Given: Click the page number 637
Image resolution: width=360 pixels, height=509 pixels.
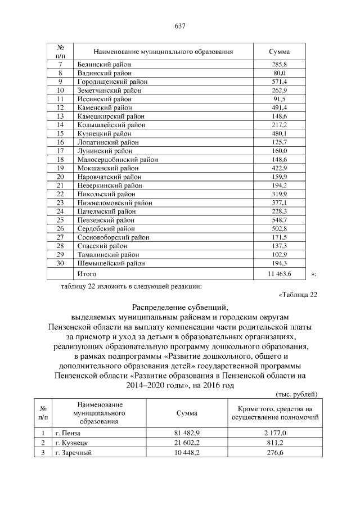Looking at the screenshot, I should [180, 26].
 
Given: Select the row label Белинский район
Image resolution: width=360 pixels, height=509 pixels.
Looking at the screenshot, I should [104, 65].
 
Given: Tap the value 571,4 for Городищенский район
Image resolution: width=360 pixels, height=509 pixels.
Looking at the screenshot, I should [280, 82].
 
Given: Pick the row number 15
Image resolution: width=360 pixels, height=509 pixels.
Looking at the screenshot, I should [61, 133].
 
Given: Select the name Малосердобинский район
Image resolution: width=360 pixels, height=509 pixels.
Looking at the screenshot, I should [115, 159].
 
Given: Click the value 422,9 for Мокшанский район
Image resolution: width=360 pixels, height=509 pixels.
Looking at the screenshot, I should [280, 168].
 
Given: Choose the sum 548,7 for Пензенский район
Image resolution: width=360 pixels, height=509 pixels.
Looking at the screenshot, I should [280, 219].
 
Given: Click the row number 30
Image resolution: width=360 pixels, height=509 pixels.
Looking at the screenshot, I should [61, 263].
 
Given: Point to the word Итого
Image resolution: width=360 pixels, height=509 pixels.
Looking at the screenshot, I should [87, 274].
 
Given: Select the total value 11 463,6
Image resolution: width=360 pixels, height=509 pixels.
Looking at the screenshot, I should [280, 274].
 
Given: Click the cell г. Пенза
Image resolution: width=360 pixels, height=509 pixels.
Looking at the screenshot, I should [68, 433].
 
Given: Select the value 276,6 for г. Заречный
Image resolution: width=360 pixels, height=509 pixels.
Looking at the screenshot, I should [274, 453].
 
